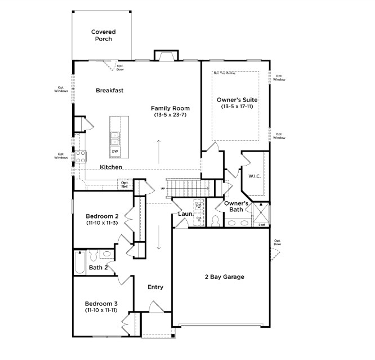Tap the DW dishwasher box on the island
[115, 151]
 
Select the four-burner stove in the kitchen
[81, 156]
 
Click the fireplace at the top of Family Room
[167, 55]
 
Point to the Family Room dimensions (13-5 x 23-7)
[170, 115]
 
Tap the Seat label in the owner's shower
[262, 225]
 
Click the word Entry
[155, 287]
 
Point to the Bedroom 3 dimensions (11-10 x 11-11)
[102, 310]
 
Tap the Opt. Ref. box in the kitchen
[125, 184]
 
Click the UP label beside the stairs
[163, 188]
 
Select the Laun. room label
[186, 214]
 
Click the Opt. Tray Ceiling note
[224, 73]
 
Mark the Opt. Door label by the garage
[278, 243]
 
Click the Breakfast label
[109, 90]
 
